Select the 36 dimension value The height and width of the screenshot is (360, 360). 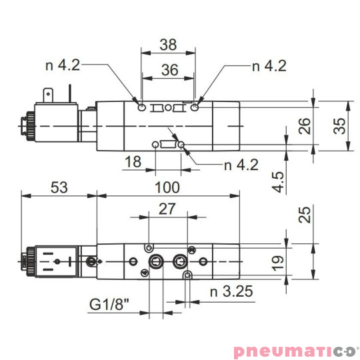click(168, 69)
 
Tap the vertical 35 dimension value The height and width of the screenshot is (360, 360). click(340, 126)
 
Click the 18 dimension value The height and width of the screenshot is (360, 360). click(133, 162)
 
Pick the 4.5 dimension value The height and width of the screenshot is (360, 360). click(279, 182)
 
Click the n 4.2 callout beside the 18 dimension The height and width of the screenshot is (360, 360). click(241, 165)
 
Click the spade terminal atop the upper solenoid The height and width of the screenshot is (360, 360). click(47, 96)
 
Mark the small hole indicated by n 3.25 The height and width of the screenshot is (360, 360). click(189, 275)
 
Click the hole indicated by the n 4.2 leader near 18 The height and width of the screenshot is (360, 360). click(181, 143)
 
